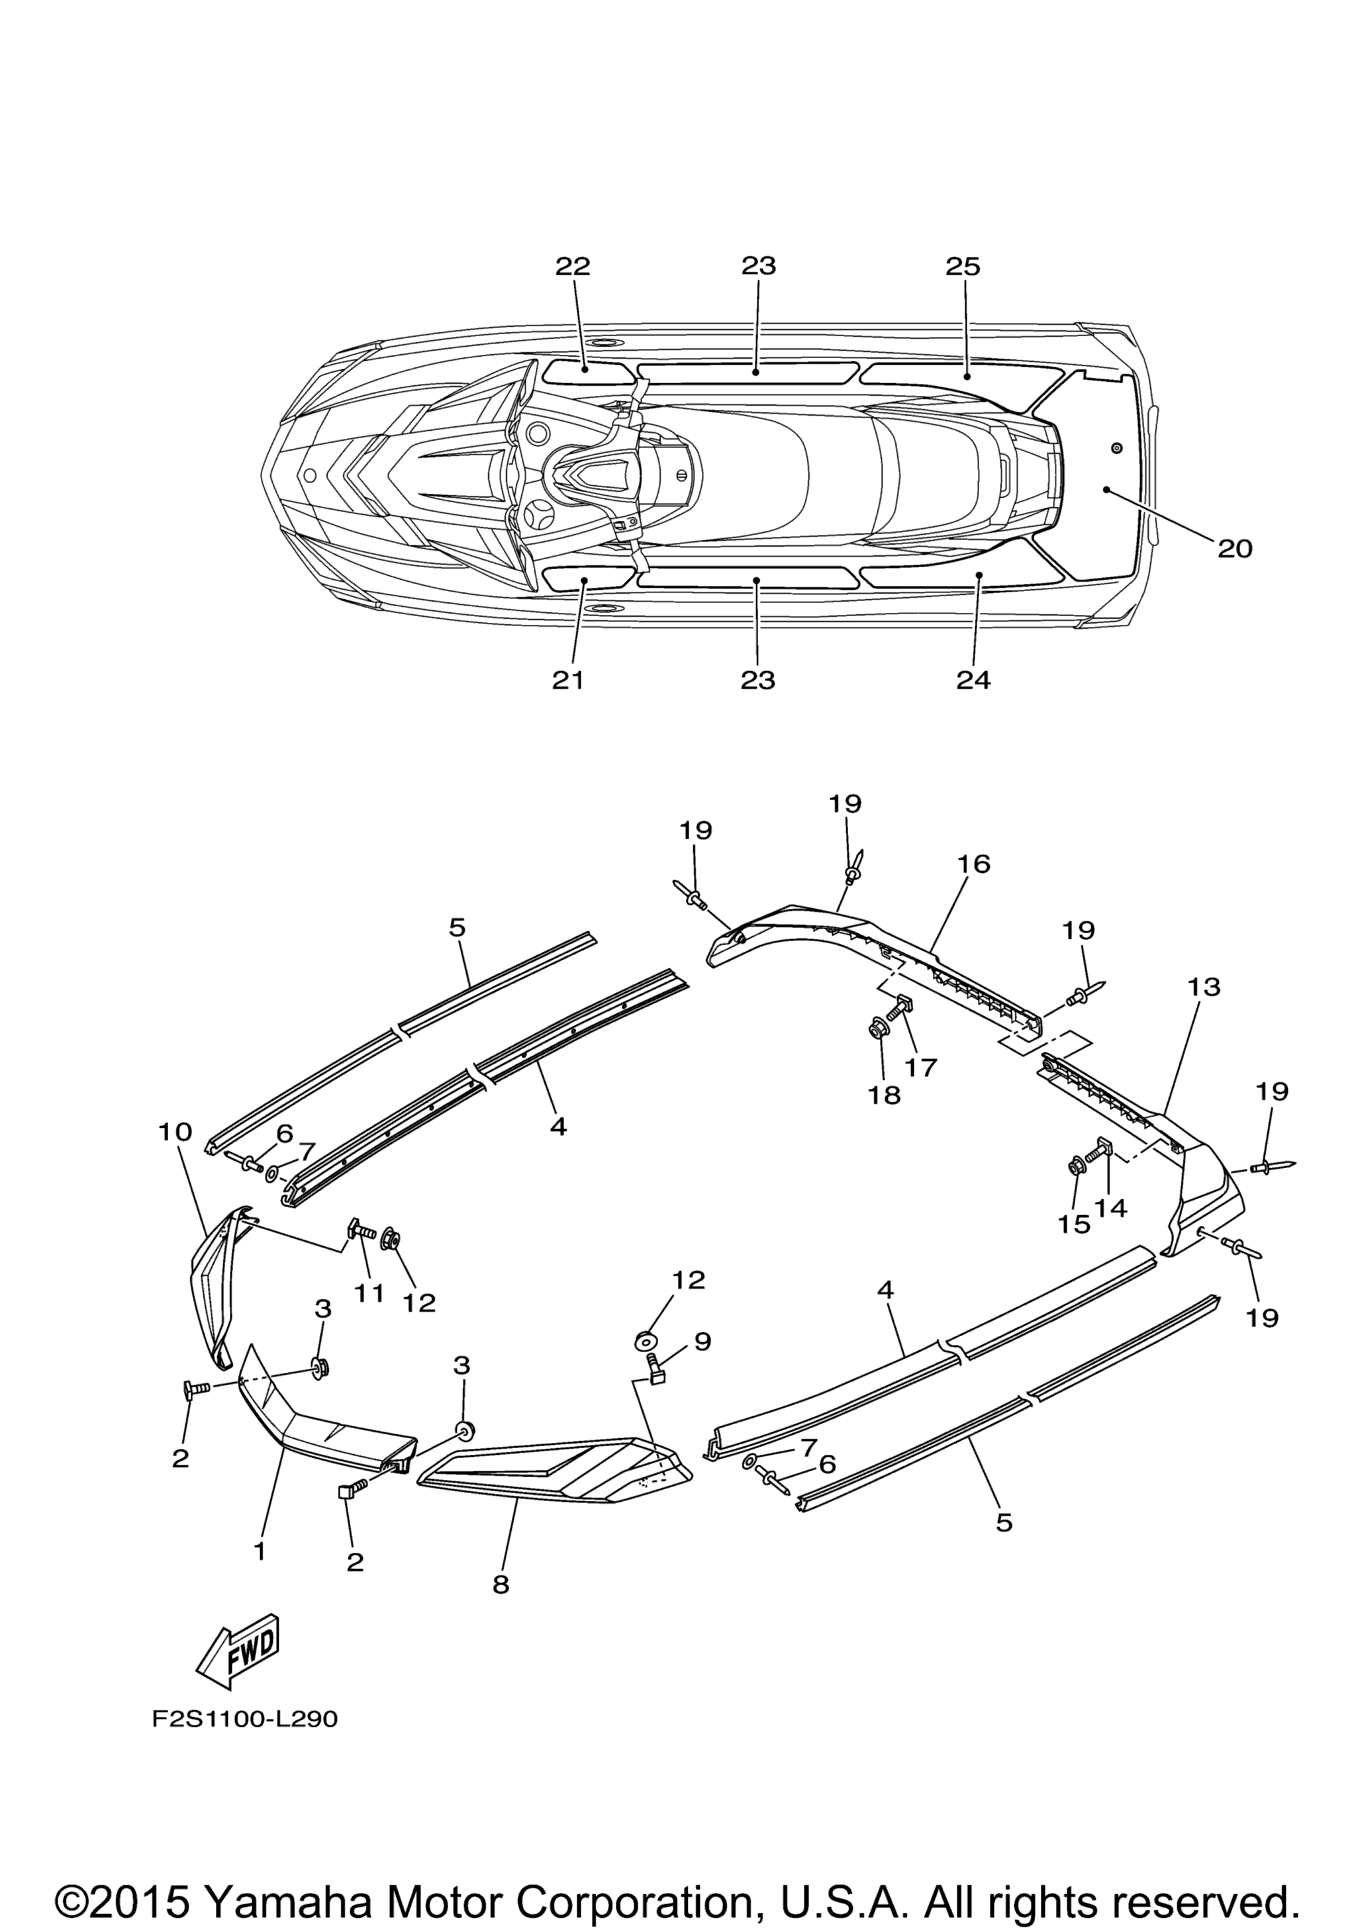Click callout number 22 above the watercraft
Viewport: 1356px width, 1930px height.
click(573, 267)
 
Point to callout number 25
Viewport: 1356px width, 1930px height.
click(963, 267)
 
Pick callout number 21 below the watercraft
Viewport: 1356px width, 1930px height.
click(567, 679)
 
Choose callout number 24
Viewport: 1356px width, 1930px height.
click(973, 679)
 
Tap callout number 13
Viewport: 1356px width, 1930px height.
click(1203, 986)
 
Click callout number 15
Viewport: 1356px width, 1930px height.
click(1073, 1224)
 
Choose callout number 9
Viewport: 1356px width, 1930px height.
click(702, 1342)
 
